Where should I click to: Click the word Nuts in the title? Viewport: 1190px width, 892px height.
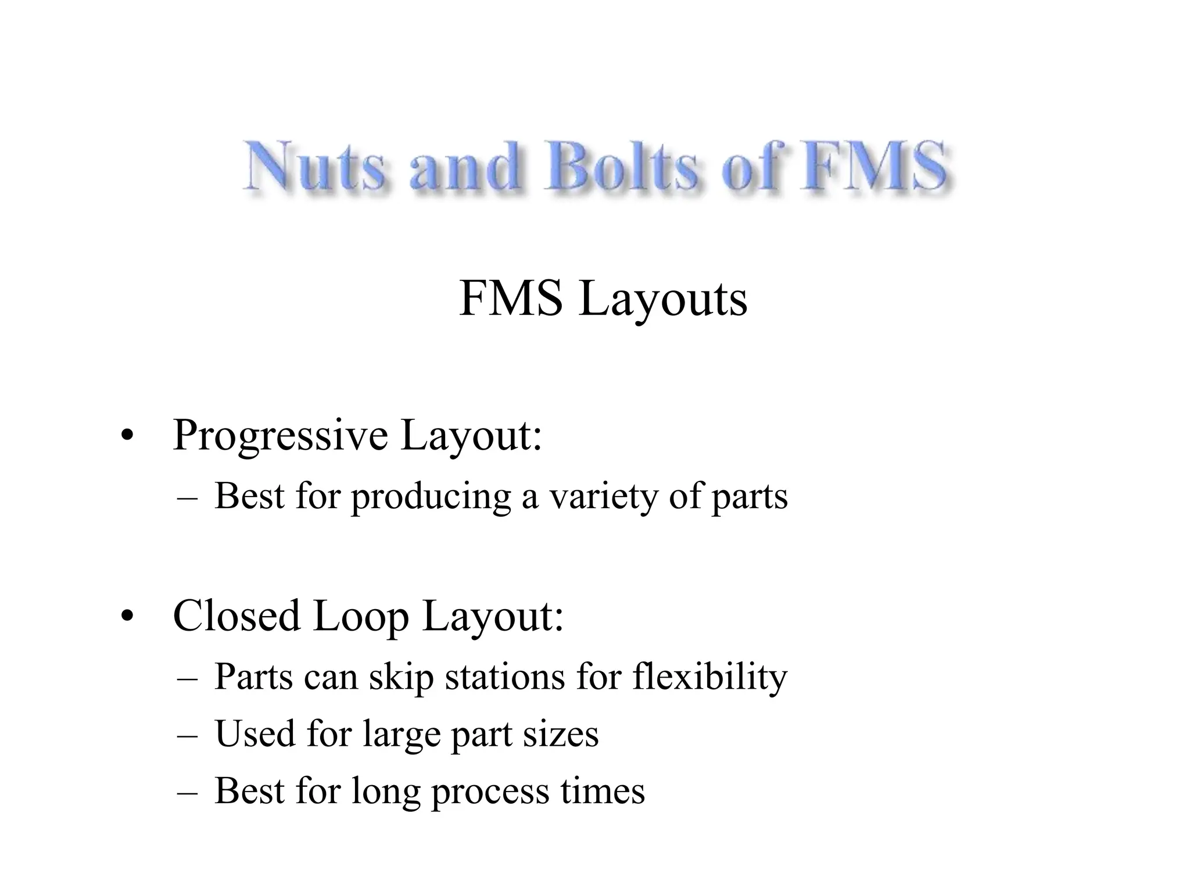click(316, 166)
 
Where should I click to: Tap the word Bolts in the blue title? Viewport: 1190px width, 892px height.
click(622, 166)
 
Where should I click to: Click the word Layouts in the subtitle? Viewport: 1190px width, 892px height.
click(663, 300)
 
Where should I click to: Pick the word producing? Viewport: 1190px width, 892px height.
click(431, 498)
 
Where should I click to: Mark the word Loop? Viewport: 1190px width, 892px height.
click(361, 617)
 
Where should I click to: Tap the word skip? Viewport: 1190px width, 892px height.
click(401, 678)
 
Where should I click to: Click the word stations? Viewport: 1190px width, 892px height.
click(505, 677)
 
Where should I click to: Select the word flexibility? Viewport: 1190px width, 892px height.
click(709, 678)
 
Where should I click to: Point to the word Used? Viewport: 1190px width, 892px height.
click(255, 733)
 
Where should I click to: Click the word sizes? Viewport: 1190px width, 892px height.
click(561, 733)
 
